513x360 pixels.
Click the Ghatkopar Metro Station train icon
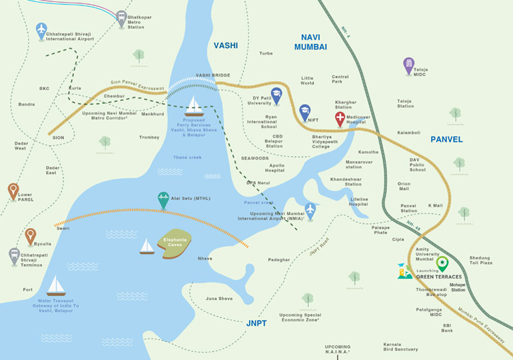[x=121, y=18]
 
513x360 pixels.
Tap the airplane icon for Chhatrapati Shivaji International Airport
[x=41, y=31]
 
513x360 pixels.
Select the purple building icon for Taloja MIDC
[x=408, y=65]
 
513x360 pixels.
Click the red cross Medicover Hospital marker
[x=340, y=119]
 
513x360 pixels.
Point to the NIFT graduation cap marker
[x=305, y=111]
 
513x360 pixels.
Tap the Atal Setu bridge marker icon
[x=163, y=199]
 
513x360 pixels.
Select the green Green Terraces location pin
[x=442, y=264]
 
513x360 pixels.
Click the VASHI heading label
[x=225, y=45]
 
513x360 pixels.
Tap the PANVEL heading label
[x=446, y=139]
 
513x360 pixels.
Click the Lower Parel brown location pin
[x=13, y=191]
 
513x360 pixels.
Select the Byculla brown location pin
[x=30, y=235]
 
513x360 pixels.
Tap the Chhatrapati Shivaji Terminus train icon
[x=14, y=255]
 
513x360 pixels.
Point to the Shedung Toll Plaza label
[x=480, y=260]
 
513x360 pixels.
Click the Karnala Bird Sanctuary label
[x=400, y=347]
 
